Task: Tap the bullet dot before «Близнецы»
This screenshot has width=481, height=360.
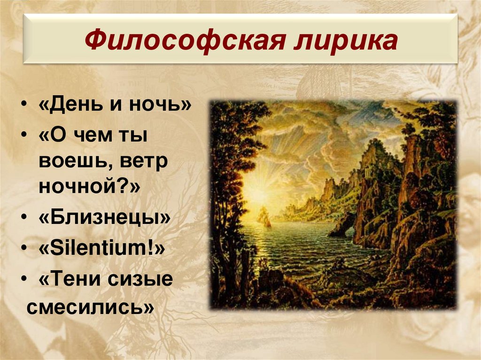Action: tap(23, 219)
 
